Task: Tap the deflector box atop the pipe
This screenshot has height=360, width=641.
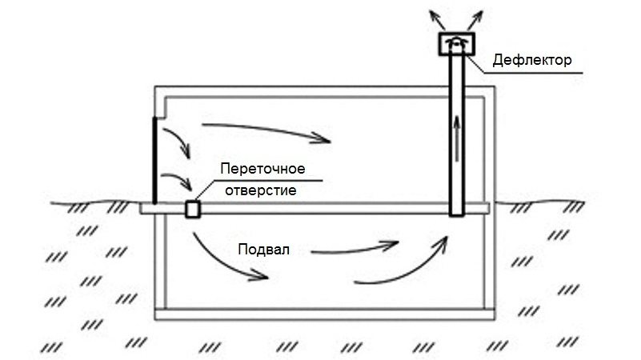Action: pyautogui.click(x=456, y=44)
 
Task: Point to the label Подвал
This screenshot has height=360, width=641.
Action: pyautogui.click(x=262, y=249)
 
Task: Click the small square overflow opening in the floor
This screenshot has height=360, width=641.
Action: pyautogui.click(x=192, y=209)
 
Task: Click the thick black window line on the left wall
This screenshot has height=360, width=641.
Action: pyautogui.click(x=153, y=160)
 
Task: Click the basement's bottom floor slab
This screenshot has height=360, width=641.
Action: pyautogui.click(x=320, y=313)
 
